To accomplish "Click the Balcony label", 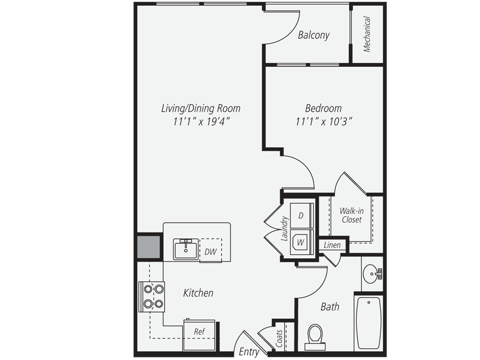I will (x=314, y=35).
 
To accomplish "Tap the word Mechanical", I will (x=367, y=34).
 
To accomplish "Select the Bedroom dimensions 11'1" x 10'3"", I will (x=324, y=121).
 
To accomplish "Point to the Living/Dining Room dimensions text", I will (x=201, y=121).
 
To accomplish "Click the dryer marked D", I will (x=301, y=216).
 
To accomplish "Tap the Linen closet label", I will (x=333, y=245).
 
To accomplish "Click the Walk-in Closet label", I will (x=352, y=215).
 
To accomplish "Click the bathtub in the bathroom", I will (x=368, y=322).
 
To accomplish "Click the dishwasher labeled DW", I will (x=210, y=252).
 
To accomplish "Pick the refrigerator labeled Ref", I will (x=199, y=334).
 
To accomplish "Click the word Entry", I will (x=249, y=352).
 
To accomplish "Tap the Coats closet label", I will (x=280, y=338).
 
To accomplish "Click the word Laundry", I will (x=284, y=228).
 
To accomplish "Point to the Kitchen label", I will (x=198, y=293).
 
